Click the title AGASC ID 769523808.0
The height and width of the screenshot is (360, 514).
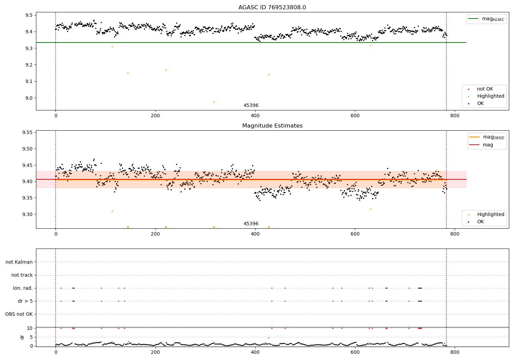pos(272,8)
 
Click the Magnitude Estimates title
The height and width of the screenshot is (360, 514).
pos(272,126)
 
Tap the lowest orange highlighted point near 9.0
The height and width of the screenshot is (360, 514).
pos(214,102)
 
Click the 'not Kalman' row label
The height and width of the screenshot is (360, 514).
pos(19,262)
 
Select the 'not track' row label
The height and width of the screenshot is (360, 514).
pos(22,275)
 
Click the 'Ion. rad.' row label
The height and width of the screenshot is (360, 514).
pos(23,288)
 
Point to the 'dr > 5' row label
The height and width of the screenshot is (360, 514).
pos(25,301)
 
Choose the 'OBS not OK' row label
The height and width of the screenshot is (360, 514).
pos(19,314)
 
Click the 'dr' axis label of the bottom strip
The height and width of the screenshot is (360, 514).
pos(22,337)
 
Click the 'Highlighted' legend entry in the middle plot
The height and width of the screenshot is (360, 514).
pos(490,215)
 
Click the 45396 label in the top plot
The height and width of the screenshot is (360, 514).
pos(251,106)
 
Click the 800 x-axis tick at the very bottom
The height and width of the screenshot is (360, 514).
pos(455,352)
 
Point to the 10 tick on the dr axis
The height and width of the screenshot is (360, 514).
pos(29,328)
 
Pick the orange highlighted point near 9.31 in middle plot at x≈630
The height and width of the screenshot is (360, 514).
pos(370,209)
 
